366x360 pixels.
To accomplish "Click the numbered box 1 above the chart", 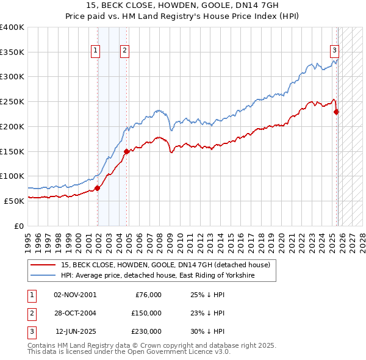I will coord(96,51).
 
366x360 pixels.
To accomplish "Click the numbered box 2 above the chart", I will coord(124,51).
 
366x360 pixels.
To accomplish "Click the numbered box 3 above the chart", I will coord(335,51).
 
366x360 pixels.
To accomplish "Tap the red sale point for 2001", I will coord(98,188).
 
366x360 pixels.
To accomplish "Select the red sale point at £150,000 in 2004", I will coord(126,151).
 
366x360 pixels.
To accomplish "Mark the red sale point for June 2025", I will coord(337,112).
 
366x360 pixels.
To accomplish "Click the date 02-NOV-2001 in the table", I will coord(75,295).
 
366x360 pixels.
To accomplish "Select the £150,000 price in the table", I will coord(146,313).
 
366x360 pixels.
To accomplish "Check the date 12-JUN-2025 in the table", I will coord(75,331).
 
